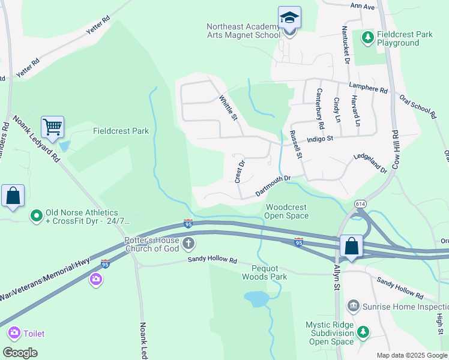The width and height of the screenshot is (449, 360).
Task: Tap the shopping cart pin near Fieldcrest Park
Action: click(x=53, y=128)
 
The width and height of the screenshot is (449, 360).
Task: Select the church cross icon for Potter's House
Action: click(x=188, y=244)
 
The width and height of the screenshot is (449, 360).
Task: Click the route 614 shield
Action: click(x=360, y=203)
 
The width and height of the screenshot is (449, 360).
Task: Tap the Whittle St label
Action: click(x=229, y=107)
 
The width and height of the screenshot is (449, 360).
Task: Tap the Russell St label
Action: click(x=295, y=145)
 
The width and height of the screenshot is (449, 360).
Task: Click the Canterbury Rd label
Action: click(x=320, y=109)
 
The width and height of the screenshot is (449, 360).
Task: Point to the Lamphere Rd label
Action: click(x=368, y=88)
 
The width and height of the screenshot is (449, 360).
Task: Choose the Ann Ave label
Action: click(x=363, y=7)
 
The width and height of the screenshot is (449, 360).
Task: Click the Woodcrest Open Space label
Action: click(x=286, y=211)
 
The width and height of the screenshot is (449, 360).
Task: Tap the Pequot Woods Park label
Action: click(x=264, y=272)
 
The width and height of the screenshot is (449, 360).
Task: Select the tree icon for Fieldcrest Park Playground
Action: click(x=367, y=38)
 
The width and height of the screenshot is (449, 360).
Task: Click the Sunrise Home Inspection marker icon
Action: click(x=354, y=307)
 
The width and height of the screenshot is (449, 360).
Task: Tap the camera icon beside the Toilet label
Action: click(x=13, y=333)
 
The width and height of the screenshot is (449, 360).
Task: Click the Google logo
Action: click(x=20, y=352)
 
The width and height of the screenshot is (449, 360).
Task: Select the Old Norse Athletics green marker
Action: click(x=36, y=214)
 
